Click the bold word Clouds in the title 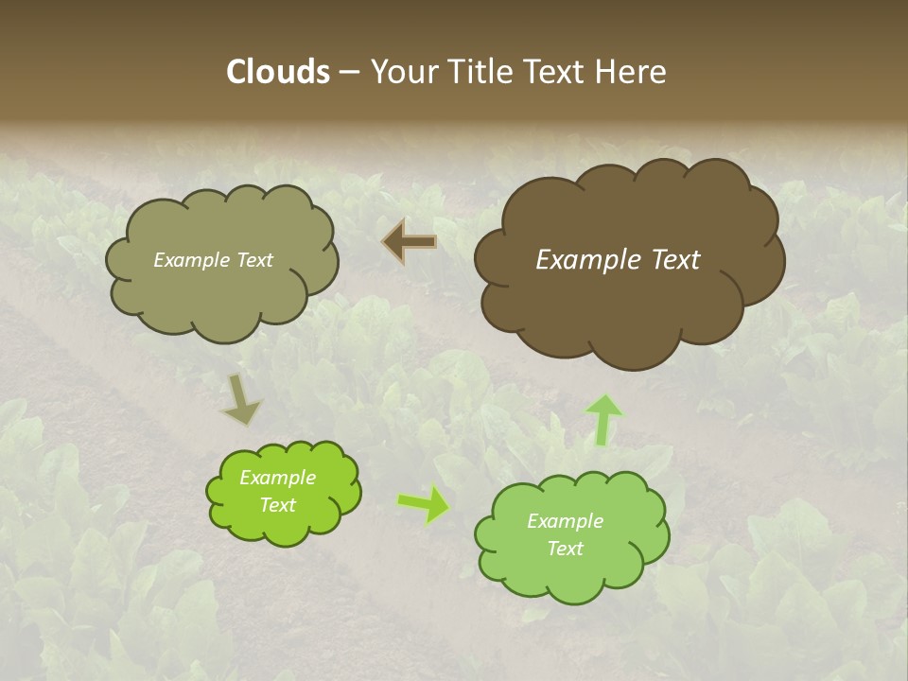pyautogui.click(x=277, y=71)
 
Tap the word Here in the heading pyautogui.click(x=633, y=71)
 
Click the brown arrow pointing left pyautogui.click(x=410, y=242)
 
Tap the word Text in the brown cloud pyautogui.click(x=676, y=260)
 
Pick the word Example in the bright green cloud pyautogui.click(x=277, y=478)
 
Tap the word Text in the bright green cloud pyautogui.click(x=278, y=505)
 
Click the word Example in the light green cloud pyautogui.click(x=565, y=521)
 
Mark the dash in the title pyautogui.click(x=349, y=72)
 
